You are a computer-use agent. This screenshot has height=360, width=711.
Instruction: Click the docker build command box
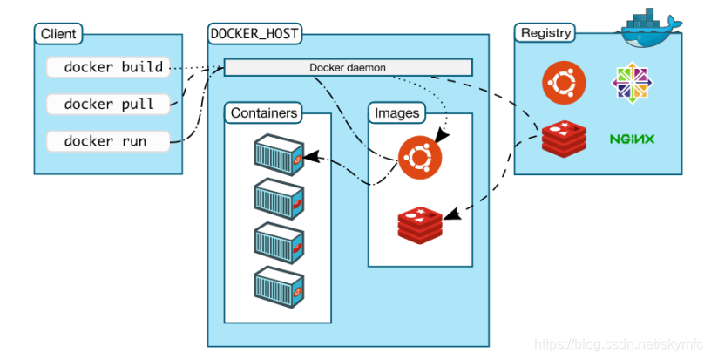pyautogui.click(x=108, y=67)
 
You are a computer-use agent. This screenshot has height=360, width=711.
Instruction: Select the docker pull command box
pyautogui.click(x=108, y=105)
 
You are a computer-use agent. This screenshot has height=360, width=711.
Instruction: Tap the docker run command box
pyautogui.click(x=108, y=141)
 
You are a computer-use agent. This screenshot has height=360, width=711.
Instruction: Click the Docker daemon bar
pyautogui.click(x=349, y=68)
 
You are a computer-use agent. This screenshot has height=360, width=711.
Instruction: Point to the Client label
pyautogui.click(x=58, y=34)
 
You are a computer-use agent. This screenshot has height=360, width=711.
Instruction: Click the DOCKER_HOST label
pyautogui.click(x=254, y=33)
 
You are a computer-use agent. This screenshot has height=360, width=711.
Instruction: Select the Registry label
pyautogui.click(x=545, y=33)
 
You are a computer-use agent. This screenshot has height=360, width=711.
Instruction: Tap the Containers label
pyautogui.click(x=264, y=113)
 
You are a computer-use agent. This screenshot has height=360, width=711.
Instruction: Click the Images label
pyautogui.click(x=396, y=113)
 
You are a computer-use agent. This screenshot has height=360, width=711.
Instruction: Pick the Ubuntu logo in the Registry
pyautogui.click(x=564, y=83)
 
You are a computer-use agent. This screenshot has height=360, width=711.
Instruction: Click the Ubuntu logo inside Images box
pyautogui.click(x=420, y=157)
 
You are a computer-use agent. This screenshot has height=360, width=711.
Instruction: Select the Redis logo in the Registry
pyautogui.click(x=564, y=139)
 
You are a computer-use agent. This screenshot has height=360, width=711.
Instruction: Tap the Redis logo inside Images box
pyautogui.click(x=420, y=226)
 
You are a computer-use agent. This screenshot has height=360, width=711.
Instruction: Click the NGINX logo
pyautogui.click(x=632, y=139)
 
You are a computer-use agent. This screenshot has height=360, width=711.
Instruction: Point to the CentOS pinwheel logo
pyautogui.click(x=632, y=83)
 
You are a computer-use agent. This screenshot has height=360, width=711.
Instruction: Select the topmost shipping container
pyautogui.click(x=279, y=154)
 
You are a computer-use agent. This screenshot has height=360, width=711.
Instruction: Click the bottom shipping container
pyautogui.click(x=279, y=288)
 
